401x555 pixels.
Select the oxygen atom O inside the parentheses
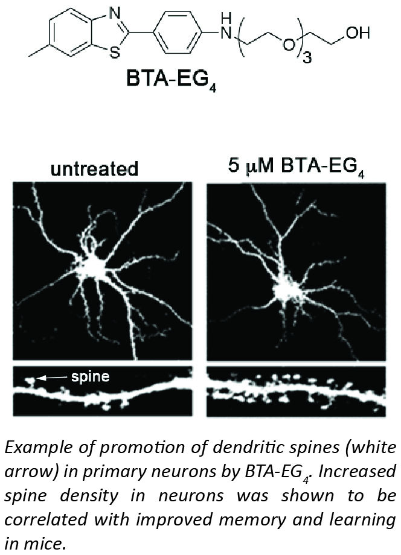287,45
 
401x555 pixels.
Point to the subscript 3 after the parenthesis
307,57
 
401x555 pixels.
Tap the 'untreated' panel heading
94,169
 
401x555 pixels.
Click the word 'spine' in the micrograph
91,376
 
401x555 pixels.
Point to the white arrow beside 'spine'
53,378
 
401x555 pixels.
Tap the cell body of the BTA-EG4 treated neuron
287,291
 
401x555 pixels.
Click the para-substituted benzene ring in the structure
177,32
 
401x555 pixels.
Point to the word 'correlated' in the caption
46,519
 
